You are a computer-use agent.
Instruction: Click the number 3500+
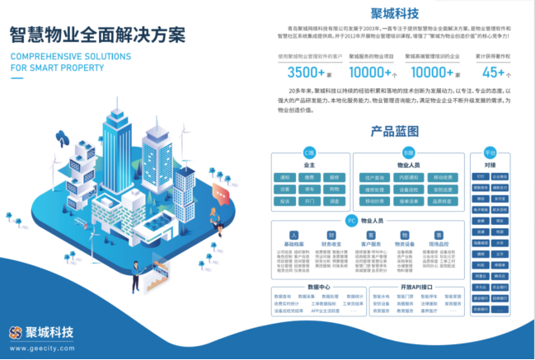coord(303,72)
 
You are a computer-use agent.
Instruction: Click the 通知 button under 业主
coord(287,177)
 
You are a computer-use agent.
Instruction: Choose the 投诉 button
coord(287,200)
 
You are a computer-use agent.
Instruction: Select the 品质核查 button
coord(440,200)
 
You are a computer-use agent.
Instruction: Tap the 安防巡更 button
coord(440,189)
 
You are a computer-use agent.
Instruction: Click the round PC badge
coord(351,221)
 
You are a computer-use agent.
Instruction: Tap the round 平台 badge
coord(490,153)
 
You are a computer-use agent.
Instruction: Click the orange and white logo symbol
coord(15,333)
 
